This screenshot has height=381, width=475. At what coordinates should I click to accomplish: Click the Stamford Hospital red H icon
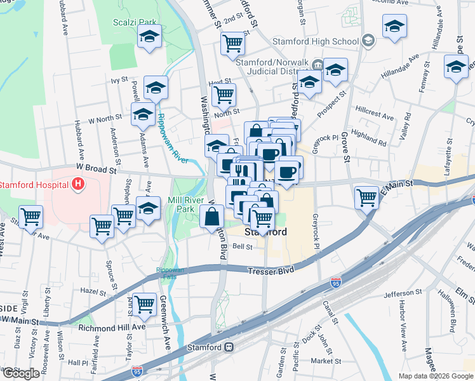coord(78,185)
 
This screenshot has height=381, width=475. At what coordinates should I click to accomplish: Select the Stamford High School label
coord(316,42)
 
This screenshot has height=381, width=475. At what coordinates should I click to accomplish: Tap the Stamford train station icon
coord(229,347)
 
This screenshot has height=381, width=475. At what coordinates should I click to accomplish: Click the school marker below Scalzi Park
coord(150,37)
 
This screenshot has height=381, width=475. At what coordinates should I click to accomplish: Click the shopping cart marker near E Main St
coord(367,197)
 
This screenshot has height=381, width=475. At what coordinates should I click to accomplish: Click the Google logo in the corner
coord(21,373)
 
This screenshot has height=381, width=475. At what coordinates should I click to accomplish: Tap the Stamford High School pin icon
coord(368,42)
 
